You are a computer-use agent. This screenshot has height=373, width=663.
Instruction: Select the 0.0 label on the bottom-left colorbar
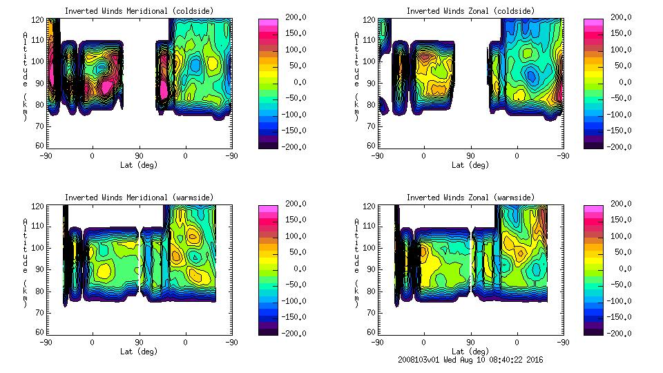pyautogui.click(x=295, y=269)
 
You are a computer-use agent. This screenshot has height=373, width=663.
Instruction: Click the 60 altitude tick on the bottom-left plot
pyautogui.click(x=40, y=333)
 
